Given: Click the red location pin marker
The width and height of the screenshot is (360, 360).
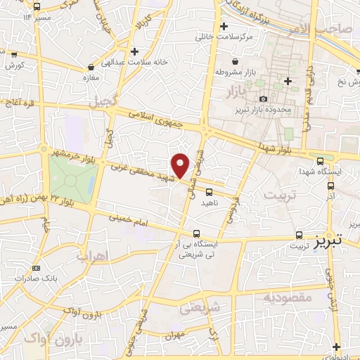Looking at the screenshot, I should (x=181, y=165).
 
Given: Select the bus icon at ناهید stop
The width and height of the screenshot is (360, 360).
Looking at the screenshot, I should (x=209, y=191).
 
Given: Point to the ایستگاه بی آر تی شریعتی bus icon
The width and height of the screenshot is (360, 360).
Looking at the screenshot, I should (x=196, y=233).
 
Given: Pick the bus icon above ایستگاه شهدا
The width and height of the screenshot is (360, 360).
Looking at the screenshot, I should (x=321, y=161).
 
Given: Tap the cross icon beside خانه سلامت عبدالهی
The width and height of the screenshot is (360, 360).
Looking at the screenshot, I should (x=134, y=51).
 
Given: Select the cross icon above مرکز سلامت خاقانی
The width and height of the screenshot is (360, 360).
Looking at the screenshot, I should (x=223, y=26).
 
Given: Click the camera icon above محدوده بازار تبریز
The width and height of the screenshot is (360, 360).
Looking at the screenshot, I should (x=263, y=99).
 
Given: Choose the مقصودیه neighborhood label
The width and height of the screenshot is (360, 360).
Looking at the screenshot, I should (x=287, y=297).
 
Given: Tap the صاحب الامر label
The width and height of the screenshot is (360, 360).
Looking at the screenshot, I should (x=330, y=28).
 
